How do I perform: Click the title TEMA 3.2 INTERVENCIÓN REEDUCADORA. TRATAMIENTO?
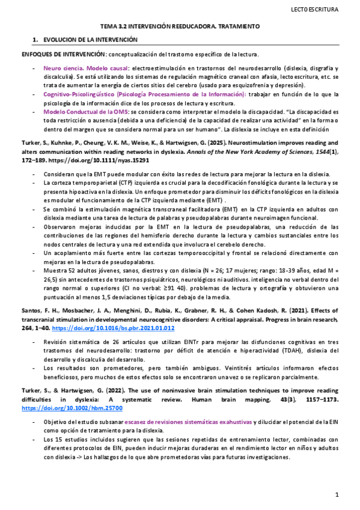(179, 27)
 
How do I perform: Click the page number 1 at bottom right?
(337, 495)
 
